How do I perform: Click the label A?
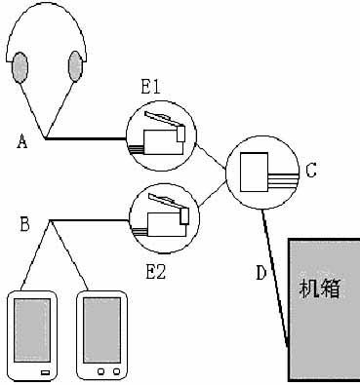21,142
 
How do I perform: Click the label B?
24,226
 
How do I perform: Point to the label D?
260,272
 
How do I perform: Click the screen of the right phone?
101,329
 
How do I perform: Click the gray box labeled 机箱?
323,322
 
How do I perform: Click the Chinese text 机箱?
321,289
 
